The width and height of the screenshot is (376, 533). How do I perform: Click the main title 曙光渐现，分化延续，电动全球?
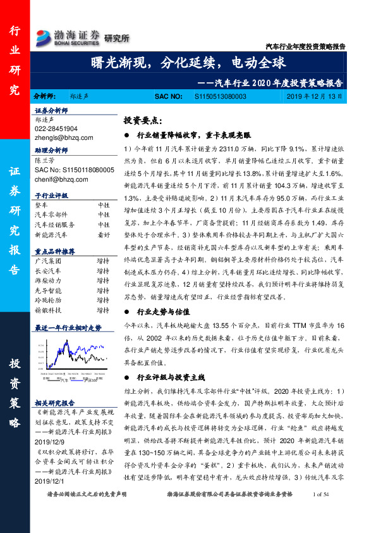[188, 63]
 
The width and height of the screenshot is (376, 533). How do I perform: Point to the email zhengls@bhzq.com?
[64, 137]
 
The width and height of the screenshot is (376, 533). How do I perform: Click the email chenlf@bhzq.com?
[61, 179]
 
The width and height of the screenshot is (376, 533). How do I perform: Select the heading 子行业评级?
[51, 196]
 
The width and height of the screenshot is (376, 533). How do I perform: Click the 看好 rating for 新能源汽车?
[103, 234]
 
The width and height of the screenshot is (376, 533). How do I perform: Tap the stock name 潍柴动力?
[47, 279]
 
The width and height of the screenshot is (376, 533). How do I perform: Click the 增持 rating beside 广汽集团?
[103, 260]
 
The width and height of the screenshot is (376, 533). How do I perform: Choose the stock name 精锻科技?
[47, 310]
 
